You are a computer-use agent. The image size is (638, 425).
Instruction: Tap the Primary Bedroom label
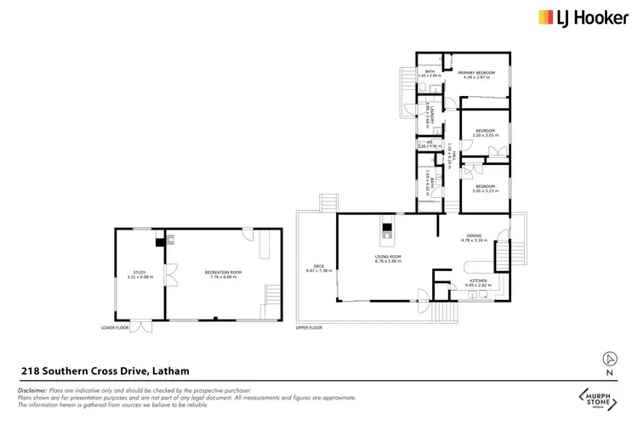coord(476,72)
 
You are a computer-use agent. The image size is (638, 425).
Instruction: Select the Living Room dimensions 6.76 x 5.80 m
coord(388,261)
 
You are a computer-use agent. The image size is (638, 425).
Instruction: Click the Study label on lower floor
coord(139,272)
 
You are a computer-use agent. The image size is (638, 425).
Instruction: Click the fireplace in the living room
coord(385,228)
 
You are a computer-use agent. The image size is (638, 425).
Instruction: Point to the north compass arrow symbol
coord(608,358)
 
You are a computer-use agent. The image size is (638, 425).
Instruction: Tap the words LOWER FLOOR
coord(113,326)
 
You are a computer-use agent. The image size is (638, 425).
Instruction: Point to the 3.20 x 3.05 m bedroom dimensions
coord(485,135)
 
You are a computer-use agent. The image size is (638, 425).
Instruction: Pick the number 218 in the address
coord(30,370)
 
